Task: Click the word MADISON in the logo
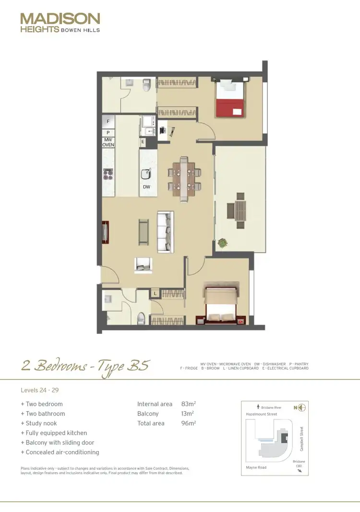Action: pos(60,19)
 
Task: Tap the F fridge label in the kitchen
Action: pos(108,122)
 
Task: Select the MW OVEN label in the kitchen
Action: pos(108,142)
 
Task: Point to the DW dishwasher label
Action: pos(146,187)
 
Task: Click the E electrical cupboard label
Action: pos(143,142)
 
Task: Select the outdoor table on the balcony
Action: pos(239,210)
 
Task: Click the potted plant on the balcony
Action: pos(222,243)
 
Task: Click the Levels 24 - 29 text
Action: pos(39,390)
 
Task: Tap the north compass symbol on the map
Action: pos(301,408)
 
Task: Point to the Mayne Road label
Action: pos(256,467)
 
